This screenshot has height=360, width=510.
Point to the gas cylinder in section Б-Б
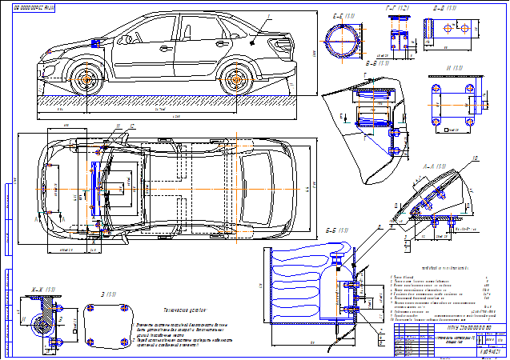[300, 284]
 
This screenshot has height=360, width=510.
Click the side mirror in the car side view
[98, 42]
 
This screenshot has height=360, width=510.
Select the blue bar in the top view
[92, 191]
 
